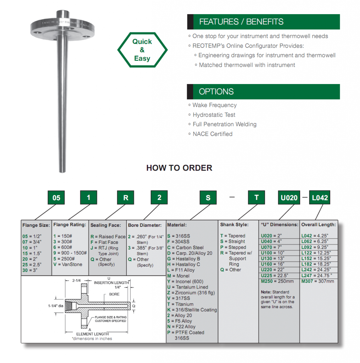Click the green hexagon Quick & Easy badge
[142, 50]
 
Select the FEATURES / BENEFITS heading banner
[263, 22]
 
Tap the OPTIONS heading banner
[263, 91]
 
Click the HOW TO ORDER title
[179, 168]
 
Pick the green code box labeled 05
[56, 198]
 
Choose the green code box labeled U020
[289, 198]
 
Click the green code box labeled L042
[320, 198]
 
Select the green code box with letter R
[126, 198]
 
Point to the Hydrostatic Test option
[214, 115]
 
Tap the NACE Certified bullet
[213, 134]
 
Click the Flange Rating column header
[70, 224]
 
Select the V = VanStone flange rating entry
[68, 264]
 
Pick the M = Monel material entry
[178, 276]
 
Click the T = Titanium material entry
[180, 304]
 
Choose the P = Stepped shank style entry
[233, 247]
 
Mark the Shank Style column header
[234, 224]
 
